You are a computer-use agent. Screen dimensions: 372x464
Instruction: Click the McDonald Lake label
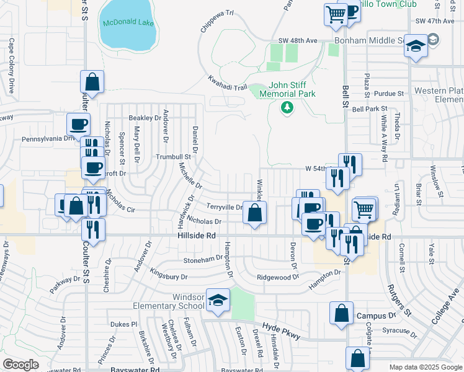click(x=128, y=23)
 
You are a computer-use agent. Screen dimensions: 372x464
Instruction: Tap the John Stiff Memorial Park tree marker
click(x=287, y=108)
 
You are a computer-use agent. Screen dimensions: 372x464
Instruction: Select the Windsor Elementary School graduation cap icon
click(x=218, y=301)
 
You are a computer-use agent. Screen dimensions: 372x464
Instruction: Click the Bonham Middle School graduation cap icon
click(x=416, y=45)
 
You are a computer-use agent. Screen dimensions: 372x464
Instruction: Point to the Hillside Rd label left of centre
click(x=194, y=236)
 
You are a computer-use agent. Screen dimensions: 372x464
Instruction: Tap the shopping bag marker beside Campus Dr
click(x=341, y=314)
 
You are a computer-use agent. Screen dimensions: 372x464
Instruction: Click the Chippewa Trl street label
click(x=216, y=21)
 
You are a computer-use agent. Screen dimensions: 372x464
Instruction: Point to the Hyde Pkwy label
click(x=281, y=332)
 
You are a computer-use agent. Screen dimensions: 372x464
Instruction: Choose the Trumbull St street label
click(x=173, y=157)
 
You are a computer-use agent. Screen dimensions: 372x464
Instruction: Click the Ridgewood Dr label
click(x=278, y=277)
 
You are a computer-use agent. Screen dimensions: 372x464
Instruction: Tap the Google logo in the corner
click(x=20, y=364)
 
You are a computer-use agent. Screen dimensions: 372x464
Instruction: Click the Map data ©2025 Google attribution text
click(x=425, y=367)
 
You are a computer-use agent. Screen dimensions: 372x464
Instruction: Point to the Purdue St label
click(x=389, y=94)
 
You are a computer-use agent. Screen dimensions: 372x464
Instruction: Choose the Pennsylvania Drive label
click(x=47, y=139)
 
